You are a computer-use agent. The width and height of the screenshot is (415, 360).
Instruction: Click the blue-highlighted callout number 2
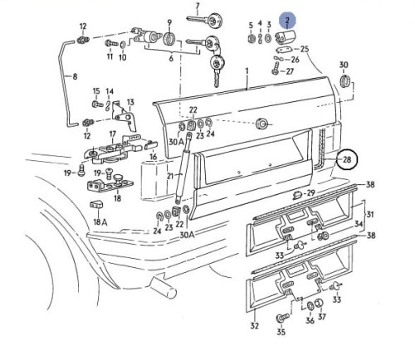coord(287,21)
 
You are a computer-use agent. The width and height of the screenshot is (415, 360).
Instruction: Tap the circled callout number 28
coord(347,159)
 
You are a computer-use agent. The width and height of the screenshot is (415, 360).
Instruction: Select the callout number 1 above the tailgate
coord(247,71)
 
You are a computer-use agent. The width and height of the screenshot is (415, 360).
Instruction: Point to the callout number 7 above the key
coord(198,6)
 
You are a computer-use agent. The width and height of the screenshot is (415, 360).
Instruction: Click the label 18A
coord(100,222)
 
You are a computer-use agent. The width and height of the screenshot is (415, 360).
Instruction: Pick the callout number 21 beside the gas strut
coord(170,176)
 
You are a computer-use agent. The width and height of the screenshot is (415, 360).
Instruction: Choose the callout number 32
coord(254,326)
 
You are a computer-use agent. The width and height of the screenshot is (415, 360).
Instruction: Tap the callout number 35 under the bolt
coord(281,331)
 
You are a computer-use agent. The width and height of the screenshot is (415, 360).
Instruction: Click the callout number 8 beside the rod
coord(75,76)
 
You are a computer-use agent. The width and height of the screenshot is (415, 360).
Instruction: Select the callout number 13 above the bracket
coord(130,102)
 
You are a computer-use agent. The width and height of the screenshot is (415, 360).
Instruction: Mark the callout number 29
coord(311,192)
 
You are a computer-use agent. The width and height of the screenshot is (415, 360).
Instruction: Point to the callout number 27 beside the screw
coord(290,71)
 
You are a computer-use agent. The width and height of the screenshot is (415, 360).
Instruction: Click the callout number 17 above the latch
coord(112,134)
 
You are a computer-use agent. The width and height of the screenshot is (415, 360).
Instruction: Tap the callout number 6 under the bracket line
coord(171,58)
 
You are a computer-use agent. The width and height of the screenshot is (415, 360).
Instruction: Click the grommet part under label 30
coord(345,81)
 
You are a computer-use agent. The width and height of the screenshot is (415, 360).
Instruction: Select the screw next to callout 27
coord(276,68)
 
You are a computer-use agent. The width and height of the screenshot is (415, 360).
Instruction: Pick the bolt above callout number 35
coord(282,317)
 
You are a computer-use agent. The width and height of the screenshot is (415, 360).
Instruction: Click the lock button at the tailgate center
coord(261,124)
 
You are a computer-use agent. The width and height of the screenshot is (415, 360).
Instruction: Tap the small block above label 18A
coord(96,205)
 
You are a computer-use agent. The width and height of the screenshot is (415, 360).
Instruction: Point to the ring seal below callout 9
coord(168,39)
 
